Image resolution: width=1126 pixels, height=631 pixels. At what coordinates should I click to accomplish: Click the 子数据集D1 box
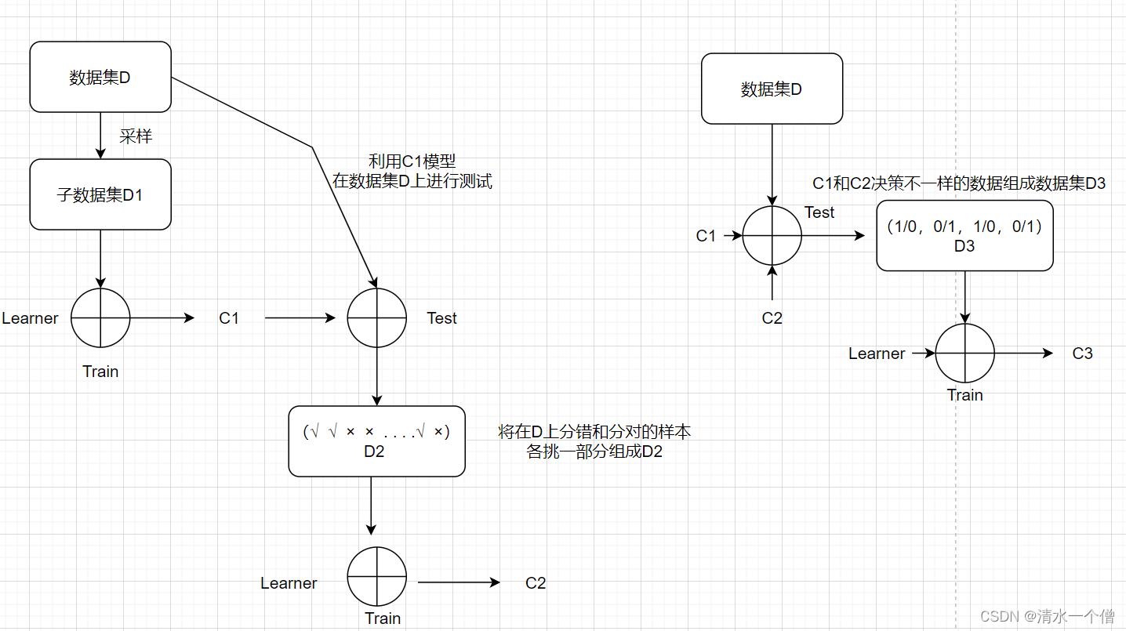(100, 194)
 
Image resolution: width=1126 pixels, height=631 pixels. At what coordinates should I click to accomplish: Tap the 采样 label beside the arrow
(135, 136)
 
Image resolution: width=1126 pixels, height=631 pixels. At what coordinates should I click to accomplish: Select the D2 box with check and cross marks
(376, 441)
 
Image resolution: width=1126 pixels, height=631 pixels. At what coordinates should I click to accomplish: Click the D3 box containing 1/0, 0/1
(964, 236)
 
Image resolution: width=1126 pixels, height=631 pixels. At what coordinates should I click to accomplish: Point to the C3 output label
(1082, 354)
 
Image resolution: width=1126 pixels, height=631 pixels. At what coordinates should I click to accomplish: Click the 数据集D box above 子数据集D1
(100, 77)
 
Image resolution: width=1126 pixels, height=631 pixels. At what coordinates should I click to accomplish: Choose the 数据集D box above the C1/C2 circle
(772, 89)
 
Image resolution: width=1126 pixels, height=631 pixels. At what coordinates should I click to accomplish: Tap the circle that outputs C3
(964, 354)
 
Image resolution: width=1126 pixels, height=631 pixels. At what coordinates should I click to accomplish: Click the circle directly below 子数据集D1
(100, 318)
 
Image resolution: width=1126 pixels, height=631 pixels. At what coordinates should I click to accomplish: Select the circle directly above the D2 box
(377, 318)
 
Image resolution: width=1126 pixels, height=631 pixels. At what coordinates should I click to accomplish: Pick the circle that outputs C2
(377, 576)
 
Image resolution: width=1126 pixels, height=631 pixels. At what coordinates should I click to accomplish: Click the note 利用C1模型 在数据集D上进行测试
(412, 172)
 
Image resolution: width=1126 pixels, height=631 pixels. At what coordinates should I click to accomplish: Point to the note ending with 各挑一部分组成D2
(594, 442)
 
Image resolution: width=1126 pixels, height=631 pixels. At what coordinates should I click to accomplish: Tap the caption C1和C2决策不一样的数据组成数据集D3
(958, 184)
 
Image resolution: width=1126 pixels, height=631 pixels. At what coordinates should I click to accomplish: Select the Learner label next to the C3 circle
(877, 354)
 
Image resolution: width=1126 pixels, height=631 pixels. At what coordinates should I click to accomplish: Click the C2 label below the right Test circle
(772, 318)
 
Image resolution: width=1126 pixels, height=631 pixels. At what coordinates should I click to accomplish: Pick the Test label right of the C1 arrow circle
(441, 318)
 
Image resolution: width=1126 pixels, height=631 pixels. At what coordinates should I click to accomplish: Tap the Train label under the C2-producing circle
(383, 618)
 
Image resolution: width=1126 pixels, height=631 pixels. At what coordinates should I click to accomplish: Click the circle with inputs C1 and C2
(772, 235)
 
